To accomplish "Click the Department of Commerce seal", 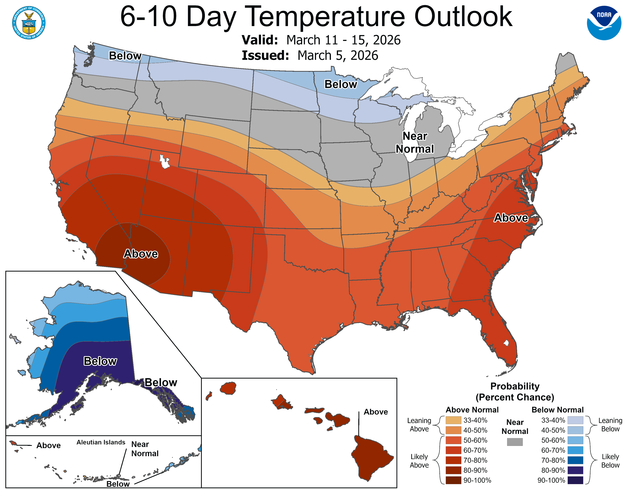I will pos(29,23).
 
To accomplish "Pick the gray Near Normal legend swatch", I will pos(515,442).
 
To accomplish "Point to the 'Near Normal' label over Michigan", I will pos(415,142).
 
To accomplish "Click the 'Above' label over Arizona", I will pos(141,254).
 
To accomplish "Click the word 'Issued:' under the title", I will pos(265,55).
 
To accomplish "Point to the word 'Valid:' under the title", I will pos(260,40).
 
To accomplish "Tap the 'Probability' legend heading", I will pos(515,386).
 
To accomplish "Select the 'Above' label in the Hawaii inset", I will pos(376,412).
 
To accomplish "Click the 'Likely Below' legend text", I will pos(610,461).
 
